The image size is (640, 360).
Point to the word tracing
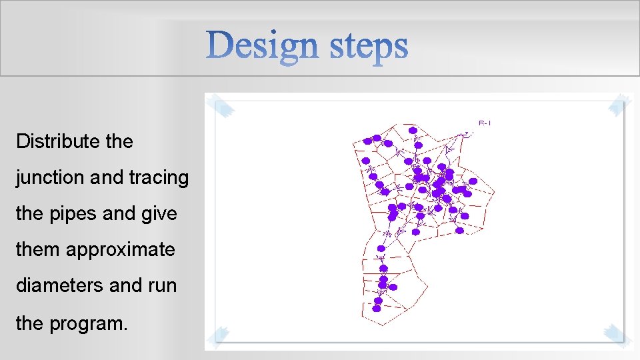(x=159, y=178)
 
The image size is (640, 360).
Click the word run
(x=163, y=286)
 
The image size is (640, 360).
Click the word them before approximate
(x=38, y=250)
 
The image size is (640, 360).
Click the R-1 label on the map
(x=485, y=123)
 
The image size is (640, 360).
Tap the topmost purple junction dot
(x=413, y=130)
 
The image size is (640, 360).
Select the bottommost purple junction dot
(x=377, y=309)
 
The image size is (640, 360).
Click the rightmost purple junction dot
(x=473, y=181)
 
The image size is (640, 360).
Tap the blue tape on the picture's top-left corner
(x=219, y=106)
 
